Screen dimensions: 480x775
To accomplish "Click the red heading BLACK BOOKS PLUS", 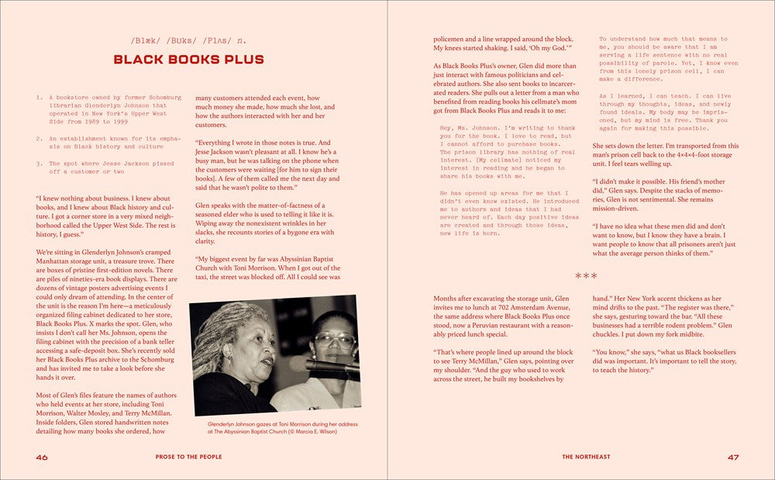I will (x=188, y=60).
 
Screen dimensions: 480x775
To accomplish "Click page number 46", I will (x=42, y=457).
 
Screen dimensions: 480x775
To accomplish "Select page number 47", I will (x=733, y=457).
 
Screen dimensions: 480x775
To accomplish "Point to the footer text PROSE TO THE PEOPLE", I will (x=189, y=457).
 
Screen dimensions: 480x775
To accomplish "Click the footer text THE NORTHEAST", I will (x=586, y=457).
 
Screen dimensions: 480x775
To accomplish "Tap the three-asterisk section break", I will (x=586, y=275).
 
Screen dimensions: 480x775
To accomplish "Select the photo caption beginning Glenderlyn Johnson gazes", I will (x=275, y=428).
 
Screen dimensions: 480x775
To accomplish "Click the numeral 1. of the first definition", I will (x=40, y=98).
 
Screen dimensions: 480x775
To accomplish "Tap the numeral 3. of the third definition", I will (x=40, y=164).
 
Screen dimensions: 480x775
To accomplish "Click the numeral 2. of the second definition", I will (x=40, y=138).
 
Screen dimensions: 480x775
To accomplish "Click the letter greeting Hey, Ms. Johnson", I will (x=469, y=128).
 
